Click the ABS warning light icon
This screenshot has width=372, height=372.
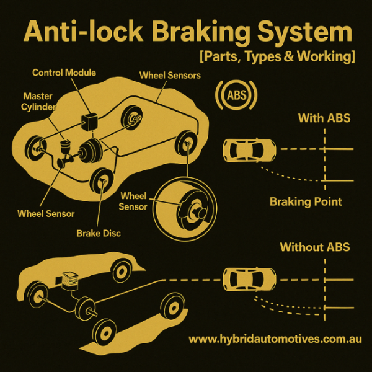coord(235,95)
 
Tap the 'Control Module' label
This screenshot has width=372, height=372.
coord(64,73)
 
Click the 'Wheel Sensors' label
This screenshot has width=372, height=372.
coord(169,75)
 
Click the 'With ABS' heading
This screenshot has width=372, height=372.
coord(324,118)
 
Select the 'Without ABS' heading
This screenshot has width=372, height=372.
coord(315,247)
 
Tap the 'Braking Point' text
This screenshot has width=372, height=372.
coord(306,201)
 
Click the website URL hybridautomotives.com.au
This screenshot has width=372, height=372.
coord(275,339)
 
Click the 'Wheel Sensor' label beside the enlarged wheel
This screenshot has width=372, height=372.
coord(133,201)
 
